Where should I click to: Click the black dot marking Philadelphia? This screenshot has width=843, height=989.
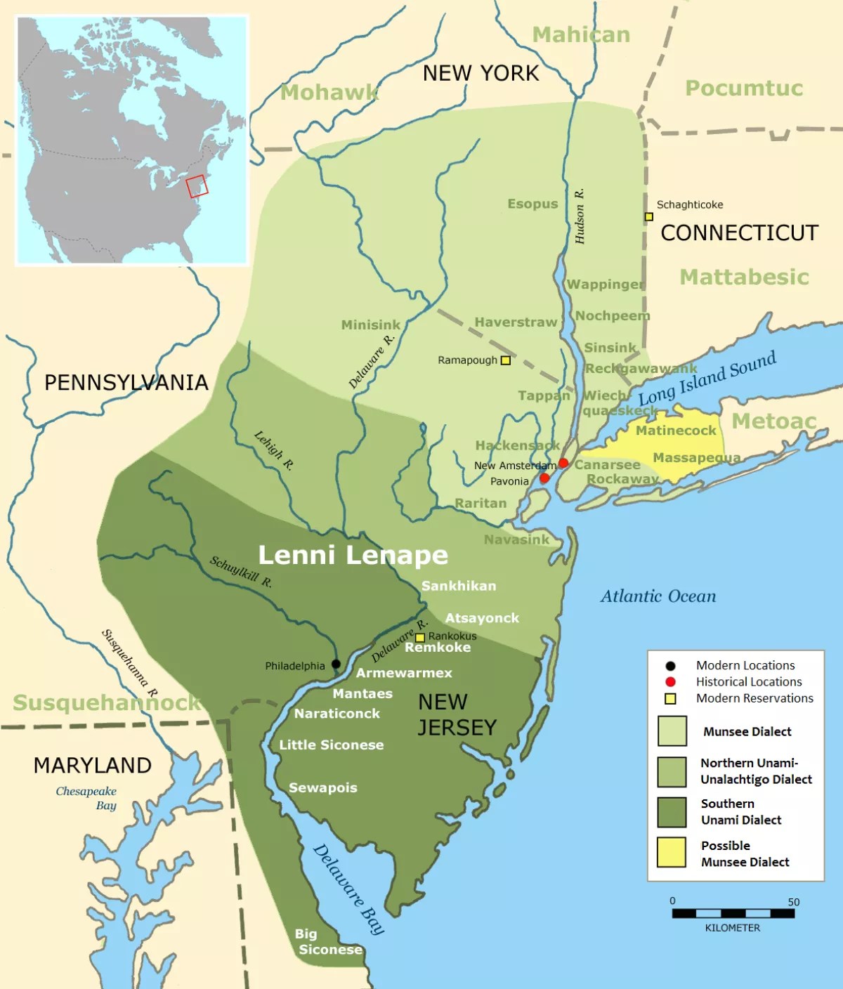[336, 664]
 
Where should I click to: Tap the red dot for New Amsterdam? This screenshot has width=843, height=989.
[563, 463]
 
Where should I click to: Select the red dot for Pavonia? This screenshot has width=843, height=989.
[544, 478]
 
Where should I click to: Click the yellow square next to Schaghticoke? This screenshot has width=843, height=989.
[649, 216]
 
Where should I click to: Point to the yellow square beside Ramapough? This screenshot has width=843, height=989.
[505, 360]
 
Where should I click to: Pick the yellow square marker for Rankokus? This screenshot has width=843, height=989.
[420, 638]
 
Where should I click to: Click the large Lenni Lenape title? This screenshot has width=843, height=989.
[353, 555]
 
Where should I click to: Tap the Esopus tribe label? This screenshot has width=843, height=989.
[532, 204]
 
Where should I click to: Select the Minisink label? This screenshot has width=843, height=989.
[370, 325]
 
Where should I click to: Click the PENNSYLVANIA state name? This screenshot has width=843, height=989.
[126, 382]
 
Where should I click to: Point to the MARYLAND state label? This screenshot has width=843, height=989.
[92, 765]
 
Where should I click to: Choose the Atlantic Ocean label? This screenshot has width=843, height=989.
[658, 596]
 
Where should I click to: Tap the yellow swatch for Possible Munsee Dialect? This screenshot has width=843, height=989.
[672, 852]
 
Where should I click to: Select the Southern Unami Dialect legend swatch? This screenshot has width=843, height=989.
[672, 811]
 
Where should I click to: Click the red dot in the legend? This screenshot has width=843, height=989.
[670, 681]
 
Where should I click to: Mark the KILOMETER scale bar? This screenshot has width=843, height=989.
[733, 913]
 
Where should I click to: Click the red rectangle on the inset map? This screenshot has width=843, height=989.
[197, 186]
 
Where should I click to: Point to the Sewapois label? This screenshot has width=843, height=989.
[323, 787]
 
